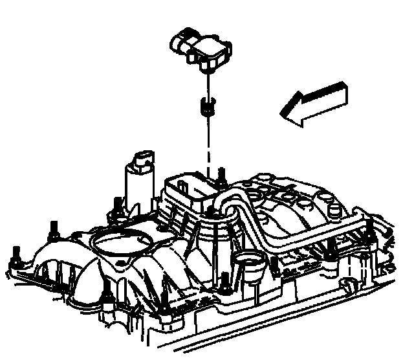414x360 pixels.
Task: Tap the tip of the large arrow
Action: [282, 115]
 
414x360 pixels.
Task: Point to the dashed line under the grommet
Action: [209, 142]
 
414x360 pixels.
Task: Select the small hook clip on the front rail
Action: [346, 285]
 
